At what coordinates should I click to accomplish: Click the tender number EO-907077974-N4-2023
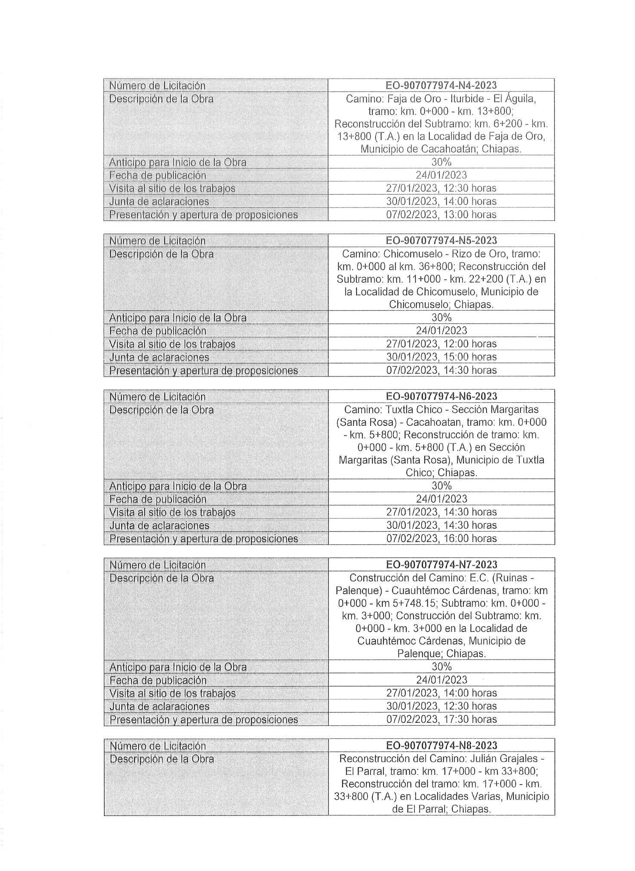[x=441, y=85]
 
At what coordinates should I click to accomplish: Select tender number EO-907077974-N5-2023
[x=441, y=240]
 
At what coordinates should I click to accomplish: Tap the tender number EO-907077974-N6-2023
[x=441, y=396]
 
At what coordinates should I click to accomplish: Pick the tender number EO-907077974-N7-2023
[x=441, y=564]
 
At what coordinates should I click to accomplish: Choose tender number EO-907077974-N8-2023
[x=441, y=745]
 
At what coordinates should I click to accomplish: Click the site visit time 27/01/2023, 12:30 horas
[x=441, y=188]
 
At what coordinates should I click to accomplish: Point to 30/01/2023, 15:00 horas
[x=441, y=357]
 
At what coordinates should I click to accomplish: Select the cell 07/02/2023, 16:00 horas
[x=441, y=538]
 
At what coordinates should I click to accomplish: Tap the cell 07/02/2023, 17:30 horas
[x=441, y=719]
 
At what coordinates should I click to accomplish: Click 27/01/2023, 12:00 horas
[x=441, y=344]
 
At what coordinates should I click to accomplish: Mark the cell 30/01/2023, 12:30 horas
[x=441, y=706]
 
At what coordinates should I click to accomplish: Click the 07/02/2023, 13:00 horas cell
[x=441, y=214]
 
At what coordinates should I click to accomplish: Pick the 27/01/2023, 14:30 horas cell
[x=441, y=512]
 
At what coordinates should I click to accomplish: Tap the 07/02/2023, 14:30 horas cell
[x=441, y=370]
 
